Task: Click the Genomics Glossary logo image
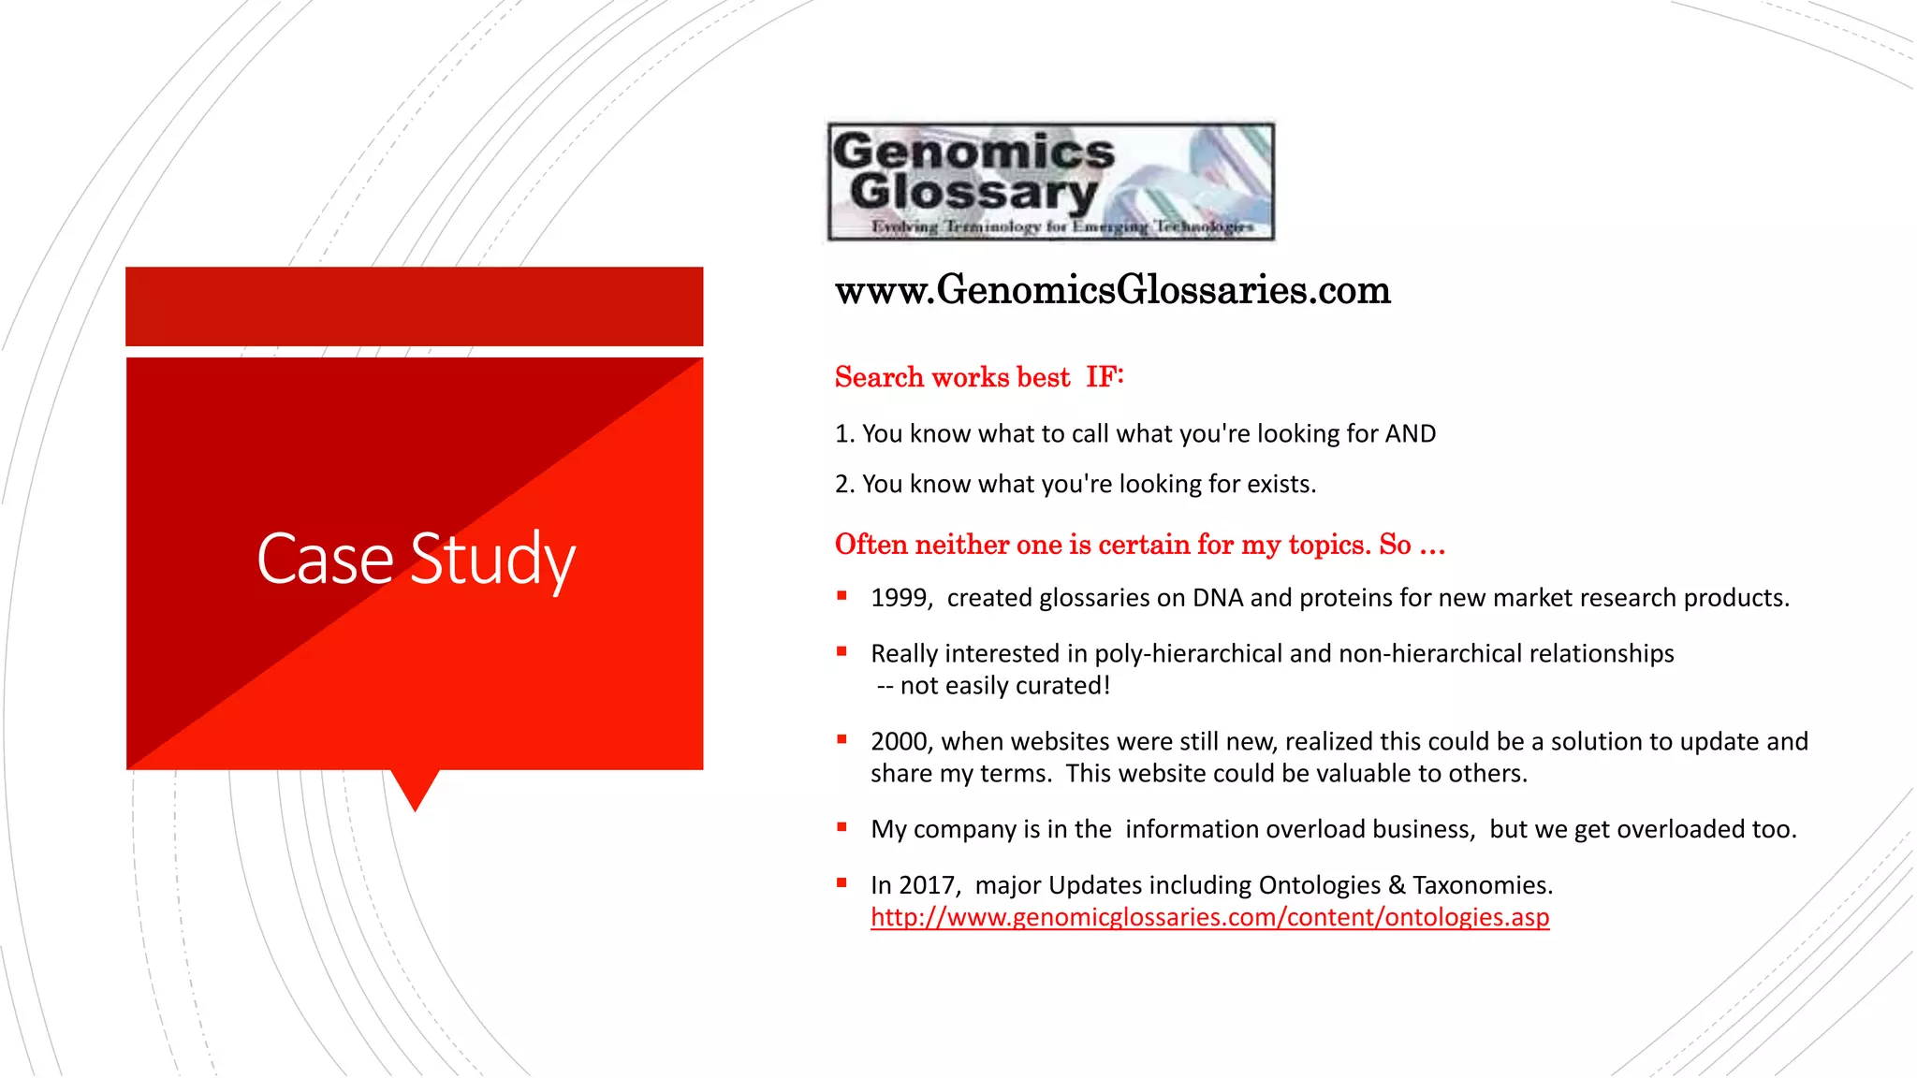1050,182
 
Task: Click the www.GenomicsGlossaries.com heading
1112,290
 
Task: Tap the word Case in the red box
325,559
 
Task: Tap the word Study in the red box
492,559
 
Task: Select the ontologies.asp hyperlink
1209,917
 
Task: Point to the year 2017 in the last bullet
929,885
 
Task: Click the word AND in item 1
1411,434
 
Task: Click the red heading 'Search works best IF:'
979,377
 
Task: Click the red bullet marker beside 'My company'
842,827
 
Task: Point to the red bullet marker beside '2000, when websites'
842,739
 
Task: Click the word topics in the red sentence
1329,545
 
